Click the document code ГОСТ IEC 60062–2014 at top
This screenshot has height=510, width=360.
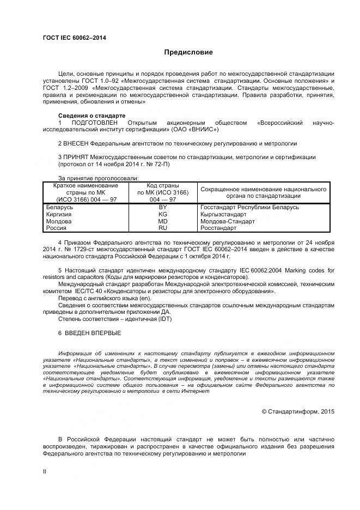[x=74, y=38]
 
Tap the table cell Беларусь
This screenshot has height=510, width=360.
[x=60, y=208]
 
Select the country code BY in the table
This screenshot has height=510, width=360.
[x=163, y=208]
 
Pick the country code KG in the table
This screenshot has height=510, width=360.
[x=163, y=215]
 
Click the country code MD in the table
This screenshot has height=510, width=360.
[x=163, y=222]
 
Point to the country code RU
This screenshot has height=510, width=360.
[x=163, y=229]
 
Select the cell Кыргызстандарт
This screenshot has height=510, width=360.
[x=223, y=215]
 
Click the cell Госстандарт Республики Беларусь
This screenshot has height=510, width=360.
[x=249, y=208]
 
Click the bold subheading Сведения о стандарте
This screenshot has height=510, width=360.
[x=91, y=116]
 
